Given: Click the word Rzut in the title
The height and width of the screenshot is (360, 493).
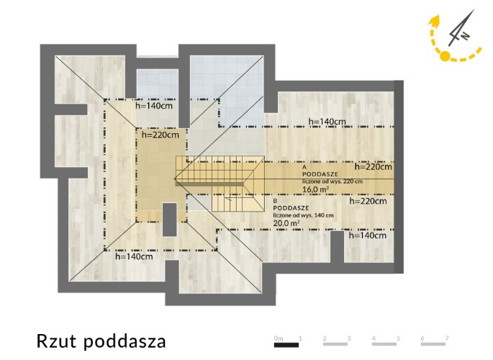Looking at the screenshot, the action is (57, 341).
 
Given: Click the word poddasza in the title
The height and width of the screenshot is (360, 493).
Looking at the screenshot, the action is (125, 342).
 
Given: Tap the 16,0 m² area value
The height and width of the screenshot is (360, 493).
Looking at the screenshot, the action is (316, 189).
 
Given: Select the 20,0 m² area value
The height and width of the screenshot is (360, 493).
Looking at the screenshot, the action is (286, 223).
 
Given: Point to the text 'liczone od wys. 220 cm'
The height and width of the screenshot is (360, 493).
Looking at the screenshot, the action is (333, 181).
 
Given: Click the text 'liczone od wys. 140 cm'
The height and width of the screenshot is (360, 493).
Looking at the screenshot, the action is (303, 215).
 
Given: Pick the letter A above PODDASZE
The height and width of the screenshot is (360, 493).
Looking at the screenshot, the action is (304, 167).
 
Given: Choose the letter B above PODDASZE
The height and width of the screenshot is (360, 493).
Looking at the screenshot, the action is (275, 201).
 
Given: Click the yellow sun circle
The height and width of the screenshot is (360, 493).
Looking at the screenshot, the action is (445, 56).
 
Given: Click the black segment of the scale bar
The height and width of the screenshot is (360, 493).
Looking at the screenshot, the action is (286, 345).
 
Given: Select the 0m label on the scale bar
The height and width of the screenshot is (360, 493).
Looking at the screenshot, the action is (279, 338).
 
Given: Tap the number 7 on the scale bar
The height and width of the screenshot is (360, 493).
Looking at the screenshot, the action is (447, 338).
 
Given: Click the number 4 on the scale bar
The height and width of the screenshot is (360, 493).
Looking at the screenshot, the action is (374, 338).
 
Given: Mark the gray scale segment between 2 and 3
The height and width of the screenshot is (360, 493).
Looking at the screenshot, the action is (335, 344).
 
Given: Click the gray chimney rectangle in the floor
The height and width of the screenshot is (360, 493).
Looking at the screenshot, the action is (170, 220).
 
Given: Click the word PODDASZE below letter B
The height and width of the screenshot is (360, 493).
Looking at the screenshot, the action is (291, 208).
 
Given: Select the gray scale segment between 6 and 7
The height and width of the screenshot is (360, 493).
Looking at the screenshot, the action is (433, 344).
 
